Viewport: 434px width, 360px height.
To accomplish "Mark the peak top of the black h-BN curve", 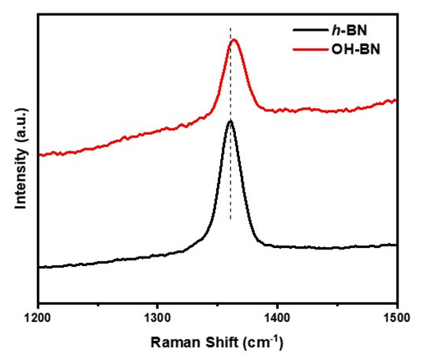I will (230, 122).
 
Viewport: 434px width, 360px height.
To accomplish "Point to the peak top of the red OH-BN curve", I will (234, 40).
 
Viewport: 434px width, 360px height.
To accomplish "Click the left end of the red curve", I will (39, 155).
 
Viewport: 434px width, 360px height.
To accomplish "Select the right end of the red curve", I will (396, 99).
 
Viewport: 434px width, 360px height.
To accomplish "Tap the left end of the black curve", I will (39, 267).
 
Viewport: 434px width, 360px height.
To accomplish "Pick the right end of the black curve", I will (396, 245).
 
